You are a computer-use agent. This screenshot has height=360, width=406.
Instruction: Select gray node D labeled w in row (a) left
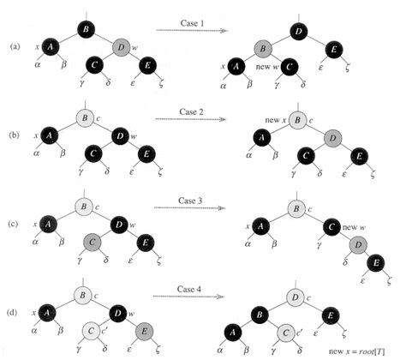click(122, 44)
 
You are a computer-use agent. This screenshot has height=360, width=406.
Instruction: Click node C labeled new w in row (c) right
click(330, 229)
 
